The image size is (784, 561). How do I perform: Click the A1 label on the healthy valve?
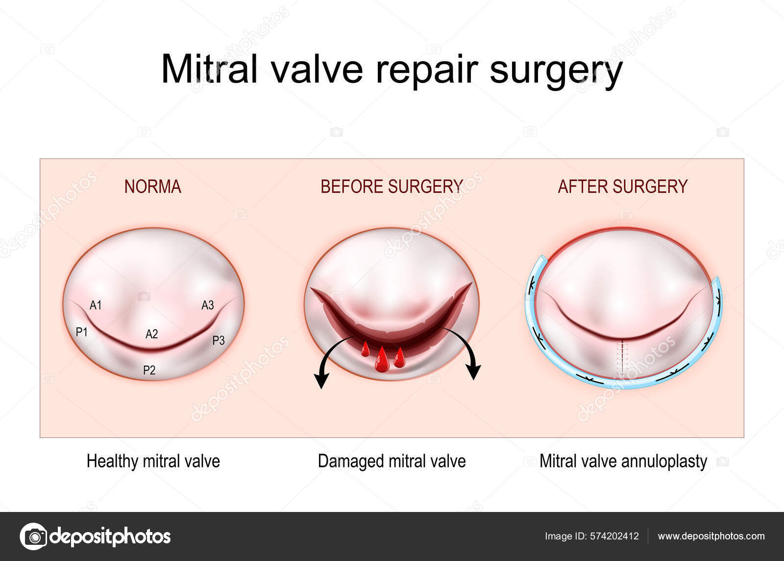pos(96,306)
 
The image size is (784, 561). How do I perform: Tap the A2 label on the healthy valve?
pos(151,334)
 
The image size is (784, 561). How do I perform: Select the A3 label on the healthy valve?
pos(208,306)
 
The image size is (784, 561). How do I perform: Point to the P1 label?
pos(81,331)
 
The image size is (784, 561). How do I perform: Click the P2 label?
pos(149,370)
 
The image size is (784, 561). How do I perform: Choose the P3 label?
pos(219,340)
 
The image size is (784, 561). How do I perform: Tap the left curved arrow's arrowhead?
pos(321,381)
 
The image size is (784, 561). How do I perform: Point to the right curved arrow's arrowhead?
pos(473,372)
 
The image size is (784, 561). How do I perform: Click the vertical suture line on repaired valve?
pos(622,358)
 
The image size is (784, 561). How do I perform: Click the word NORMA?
pos(153,187)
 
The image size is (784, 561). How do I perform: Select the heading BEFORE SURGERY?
pos(392,187)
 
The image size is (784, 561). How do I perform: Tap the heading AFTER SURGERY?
pos(623,187)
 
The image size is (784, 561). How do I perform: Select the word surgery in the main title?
pos(556,72)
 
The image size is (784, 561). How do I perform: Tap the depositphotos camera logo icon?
pos(34,536)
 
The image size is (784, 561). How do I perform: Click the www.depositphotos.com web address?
pos(711,536)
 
